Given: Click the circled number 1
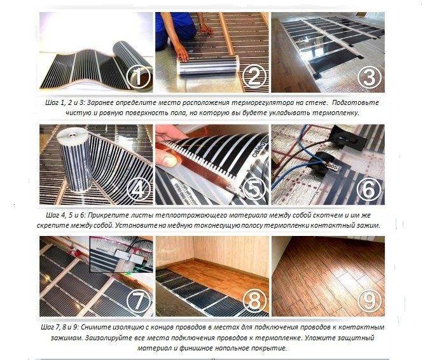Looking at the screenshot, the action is [x=139, y=76].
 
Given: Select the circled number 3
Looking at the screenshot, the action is [x=370, y=76].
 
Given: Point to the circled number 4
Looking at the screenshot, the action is [x=139, y=189].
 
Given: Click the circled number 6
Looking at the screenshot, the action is [x=370, y=189].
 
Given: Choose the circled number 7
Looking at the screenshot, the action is [x=139, y=300].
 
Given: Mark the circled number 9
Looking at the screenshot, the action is [x=370, y=300].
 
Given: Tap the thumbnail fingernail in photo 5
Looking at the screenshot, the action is [x=169, y=161].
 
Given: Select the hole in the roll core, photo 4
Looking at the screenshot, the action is [x=74, y=135].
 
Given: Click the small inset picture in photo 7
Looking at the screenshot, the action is [x=121, y=254].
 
